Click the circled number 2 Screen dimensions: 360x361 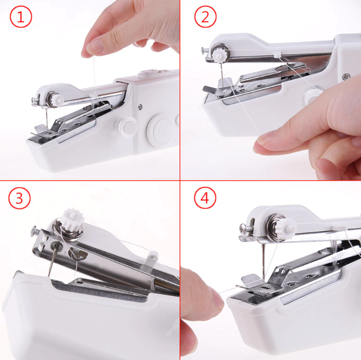[205, 18]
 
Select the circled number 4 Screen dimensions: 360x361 [205, 198]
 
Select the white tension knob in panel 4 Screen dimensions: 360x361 [286, 226]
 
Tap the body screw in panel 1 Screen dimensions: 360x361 [140, 107]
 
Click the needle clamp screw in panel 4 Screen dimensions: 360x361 [243, 227]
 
